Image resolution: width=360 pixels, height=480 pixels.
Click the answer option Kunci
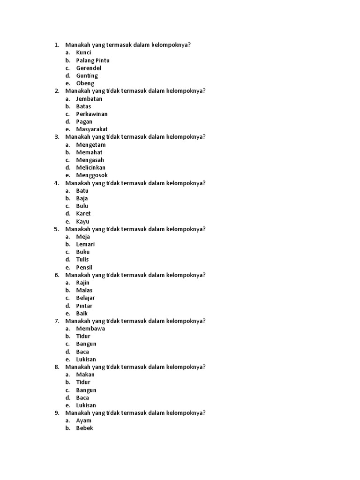[x=83, y=52]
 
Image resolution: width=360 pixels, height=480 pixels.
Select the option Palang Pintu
[x=93, y=60]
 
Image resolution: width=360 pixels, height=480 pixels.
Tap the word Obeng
[x=85, y=83]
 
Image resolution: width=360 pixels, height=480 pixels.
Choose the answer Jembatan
[x=89, y=99]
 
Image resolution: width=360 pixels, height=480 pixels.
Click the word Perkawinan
[x=92, y=114]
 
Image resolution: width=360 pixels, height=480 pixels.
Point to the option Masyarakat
[x=92, y=129]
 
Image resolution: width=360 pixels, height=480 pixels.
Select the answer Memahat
[x=89, y=152]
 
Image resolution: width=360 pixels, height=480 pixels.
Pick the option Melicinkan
[x=91, y=167]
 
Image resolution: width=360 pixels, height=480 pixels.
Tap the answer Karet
[x=83, y=214]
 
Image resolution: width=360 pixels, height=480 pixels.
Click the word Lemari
[x=86, y=244]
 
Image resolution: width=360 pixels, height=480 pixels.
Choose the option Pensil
[x=84, y=267]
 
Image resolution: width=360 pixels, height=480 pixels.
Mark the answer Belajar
[x=86, y=298]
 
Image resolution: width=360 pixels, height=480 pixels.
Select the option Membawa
[x=90, y=329]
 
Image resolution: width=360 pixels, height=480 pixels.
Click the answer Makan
[x=85, y=375]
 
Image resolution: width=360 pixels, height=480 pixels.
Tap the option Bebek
[x=85, y=428]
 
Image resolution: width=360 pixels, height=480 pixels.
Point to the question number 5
[x=57, y=229]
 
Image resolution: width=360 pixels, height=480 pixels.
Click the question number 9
[x=57, y=413]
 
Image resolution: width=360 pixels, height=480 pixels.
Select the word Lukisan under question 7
[x=86, y=359]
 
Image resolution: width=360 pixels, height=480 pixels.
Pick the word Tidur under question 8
[x=83, y=382]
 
